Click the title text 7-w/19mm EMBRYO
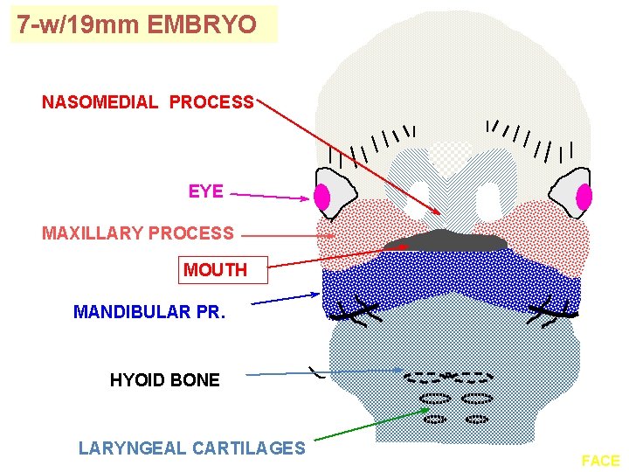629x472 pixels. [x=137, y=24]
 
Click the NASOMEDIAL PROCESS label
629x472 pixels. [x=148, y=102]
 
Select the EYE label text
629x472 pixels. [x=206, y=191]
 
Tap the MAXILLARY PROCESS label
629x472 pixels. [x=138, y=233]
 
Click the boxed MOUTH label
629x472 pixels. [x=215, y=270]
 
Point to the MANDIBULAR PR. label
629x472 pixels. [x=149, y=311]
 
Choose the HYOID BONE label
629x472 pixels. [x=165, y=379]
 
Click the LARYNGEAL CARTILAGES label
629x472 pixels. [x=192, y=448]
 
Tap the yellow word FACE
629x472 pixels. [x=600, y=461]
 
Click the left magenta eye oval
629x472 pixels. [x=322, y=198]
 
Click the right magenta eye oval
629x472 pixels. [x=584, y=198]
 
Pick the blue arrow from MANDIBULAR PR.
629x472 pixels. [x=285, y=299]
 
